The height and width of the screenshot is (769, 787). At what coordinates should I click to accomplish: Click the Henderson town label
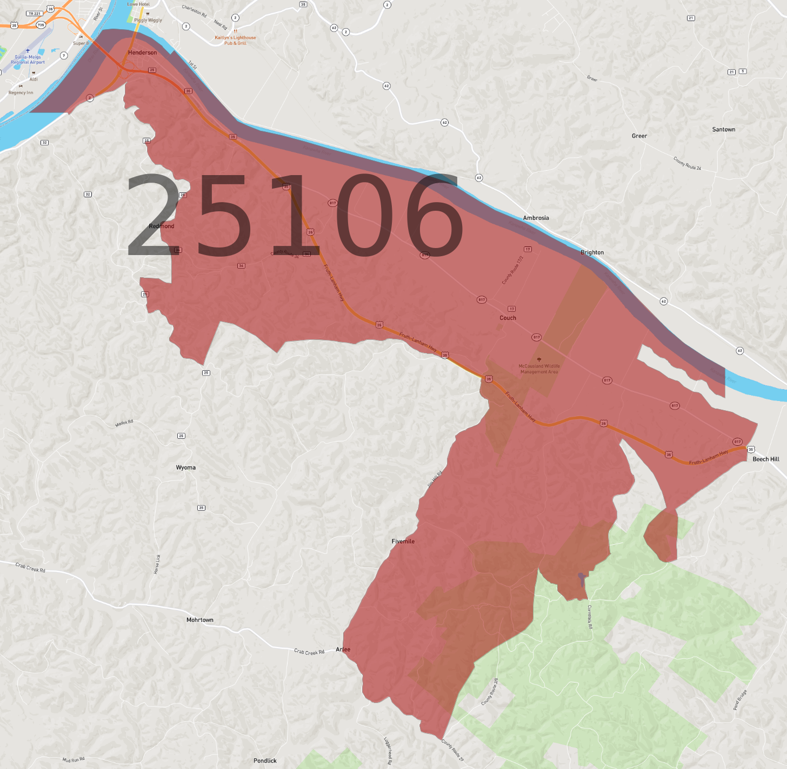click(x=142, y=52)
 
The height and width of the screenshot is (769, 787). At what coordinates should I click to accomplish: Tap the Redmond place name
click(x=162, y=226)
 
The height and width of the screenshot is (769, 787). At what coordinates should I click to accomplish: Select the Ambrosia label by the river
click(x=536, y=218)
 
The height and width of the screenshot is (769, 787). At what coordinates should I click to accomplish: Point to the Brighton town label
click(x=592, y=252)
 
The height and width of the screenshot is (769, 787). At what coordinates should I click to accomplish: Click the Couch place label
click(x=508, y=318)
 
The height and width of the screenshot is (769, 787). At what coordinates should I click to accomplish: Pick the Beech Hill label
click(x=766, y=459)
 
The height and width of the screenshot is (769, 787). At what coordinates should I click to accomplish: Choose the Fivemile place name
click(x=403, y=541)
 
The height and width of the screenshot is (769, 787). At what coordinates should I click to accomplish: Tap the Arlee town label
click(x=343, y=649)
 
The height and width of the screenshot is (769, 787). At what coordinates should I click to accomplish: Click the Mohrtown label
click(x=199, y=620)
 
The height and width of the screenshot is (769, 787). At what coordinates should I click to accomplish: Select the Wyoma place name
click(x=185, y=467)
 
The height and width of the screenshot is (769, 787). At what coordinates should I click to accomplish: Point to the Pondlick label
click(x=265, y=760)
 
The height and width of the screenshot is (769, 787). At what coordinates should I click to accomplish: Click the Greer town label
click(x=639, y=136)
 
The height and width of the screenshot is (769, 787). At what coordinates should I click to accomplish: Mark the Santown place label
click(x=723, y=129)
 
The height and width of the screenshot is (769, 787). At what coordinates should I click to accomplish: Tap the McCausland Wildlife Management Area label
click(x=539, y=369)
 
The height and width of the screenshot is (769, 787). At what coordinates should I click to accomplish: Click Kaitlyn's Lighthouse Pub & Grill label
click(x=235, y=40)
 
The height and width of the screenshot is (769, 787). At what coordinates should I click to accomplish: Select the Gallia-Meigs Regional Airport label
click(x=28, y=59)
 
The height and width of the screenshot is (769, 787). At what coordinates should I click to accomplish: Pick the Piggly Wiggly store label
click(x=148, y=20)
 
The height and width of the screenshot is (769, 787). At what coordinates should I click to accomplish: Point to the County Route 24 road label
click(x=687, y=163)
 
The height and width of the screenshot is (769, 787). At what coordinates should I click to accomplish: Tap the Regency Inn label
click(x=21, y=92)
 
